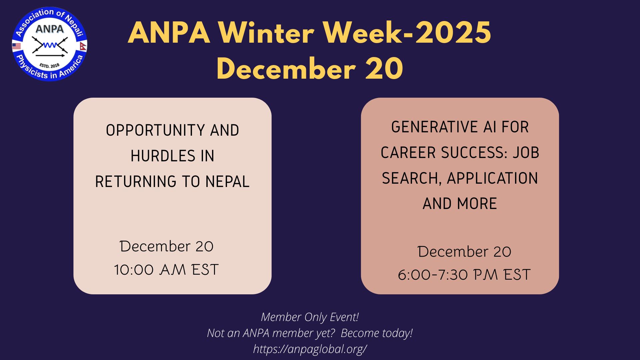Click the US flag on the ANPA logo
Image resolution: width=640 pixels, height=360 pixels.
16,46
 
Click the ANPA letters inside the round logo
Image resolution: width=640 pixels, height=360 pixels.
49,29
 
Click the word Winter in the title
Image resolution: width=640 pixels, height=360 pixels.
266,33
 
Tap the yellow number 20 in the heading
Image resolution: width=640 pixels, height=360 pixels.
384,69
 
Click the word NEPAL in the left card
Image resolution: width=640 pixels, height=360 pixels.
227,182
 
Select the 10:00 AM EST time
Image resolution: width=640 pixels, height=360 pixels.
166,270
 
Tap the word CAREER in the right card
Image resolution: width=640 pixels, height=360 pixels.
408,153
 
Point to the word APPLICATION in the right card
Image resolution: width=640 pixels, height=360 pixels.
492,178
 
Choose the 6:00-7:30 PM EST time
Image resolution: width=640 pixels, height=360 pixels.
464,275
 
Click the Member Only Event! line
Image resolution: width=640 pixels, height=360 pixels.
310,317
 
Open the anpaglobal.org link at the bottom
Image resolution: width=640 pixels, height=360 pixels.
310,349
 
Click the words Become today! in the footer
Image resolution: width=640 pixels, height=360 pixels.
377,333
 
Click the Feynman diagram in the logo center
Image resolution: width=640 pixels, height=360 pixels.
50,46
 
